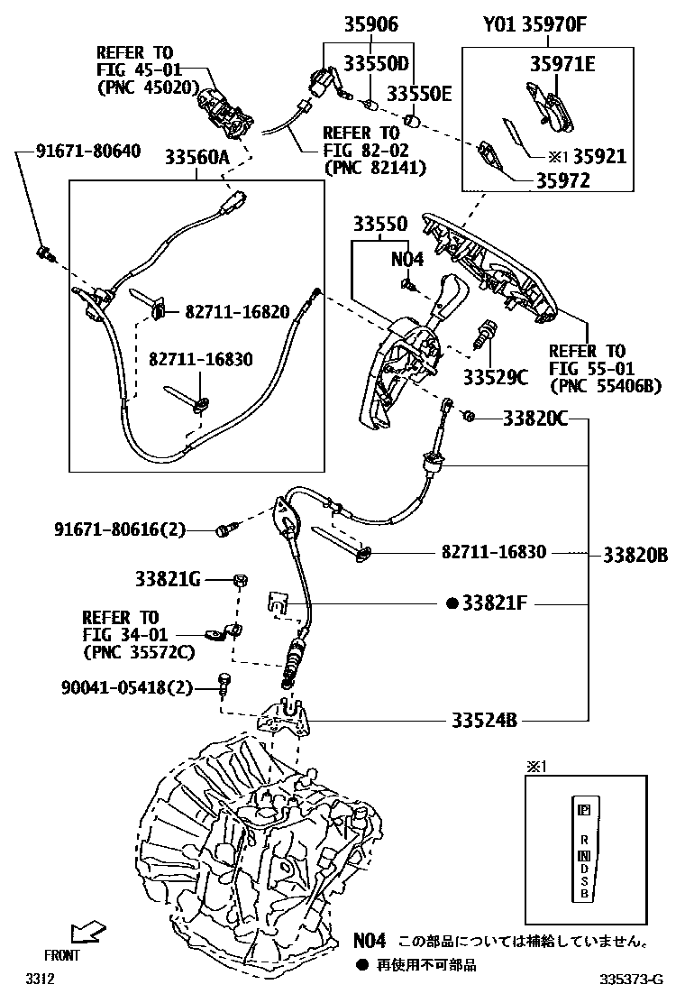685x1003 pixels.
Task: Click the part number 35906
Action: pos(370,24)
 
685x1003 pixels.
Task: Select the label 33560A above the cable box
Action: pos(196,159)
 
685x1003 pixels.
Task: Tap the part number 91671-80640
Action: pos(88,151)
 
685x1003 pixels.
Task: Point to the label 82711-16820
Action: pos(237,312)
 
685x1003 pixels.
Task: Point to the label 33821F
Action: pos(494,603)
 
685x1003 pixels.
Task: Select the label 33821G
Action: pos(168,579)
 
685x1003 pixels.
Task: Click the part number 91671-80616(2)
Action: pos(118,530)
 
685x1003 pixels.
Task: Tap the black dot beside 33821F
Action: pos(452,603)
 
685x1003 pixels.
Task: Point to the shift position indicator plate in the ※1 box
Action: pos(583,849)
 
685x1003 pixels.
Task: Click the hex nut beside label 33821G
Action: pos(241,580)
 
